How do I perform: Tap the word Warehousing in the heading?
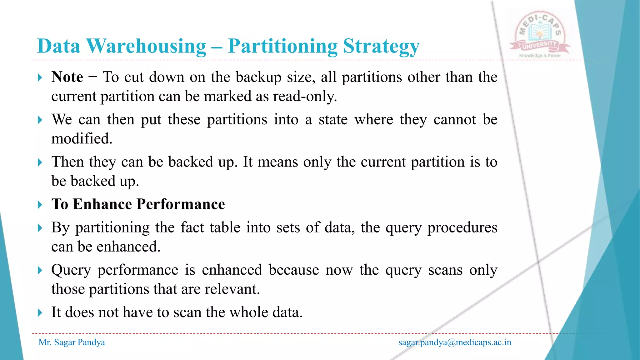(x=146, y=46)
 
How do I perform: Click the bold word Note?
(x=67, y=77)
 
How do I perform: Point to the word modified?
(x=82, y=138)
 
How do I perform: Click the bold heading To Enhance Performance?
(x=138, y=204)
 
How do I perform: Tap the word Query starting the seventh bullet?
(x=71, y=270)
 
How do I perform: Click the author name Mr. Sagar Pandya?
(x=72, y=342)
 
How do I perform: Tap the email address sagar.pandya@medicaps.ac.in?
(x=455, y=342)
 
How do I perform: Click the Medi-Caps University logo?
(x=540, y=33)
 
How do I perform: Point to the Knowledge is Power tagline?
(x=540, y=56)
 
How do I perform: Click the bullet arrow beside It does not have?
(x=40, y=312)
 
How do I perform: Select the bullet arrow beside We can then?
(x=40, y=120)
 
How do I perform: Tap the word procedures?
(x=462, y=227)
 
